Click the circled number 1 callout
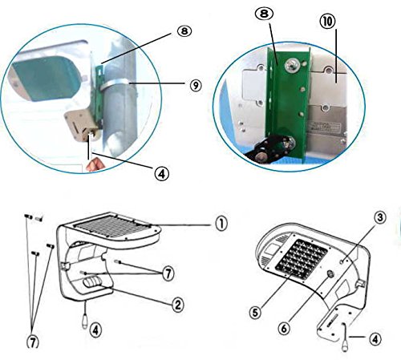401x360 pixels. pyautogui.click(x=221, y=224)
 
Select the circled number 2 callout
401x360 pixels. pyautogui.click(x=177, y=305)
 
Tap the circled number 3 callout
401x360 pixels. pyautogui.click(x=380, y=217)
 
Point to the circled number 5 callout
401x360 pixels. pyautogui.click(x=255, y=312)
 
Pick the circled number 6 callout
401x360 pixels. pyautogui.click(x=284, y=328)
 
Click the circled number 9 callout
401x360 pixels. pyautogui.click(x=196, y=86)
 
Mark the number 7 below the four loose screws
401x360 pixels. pyautogui.click(x=33, y=342)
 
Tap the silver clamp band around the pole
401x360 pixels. pyautogui.click(x=115, y=83)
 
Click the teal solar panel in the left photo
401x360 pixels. pyautogui.click(x=46, y=77)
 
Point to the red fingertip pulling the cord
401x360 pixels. pyautogui.click(x=95, y=164)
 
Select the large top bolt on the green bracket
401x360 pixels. pyautogui.click(x=292, y=65)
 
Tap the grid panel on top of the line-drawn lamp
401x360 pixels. pyautogui.click(x=112, y=227)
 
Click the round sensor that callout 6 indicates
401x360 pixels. pyautogui.click(x=330, y=274)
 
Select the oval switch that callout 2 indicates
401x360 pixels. pyautogui.click(x=92, y=282)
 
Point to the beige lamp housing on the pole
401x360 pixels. pyautogui.click(x=81, y=124)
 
